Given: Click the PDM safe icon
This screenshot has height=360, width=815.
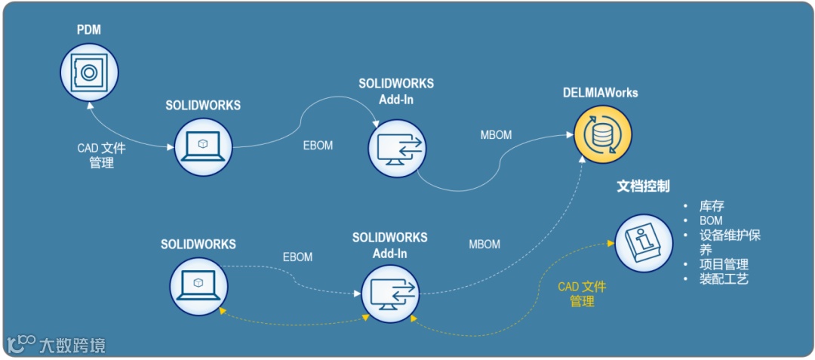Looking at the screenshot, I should pyautogui.click(x=89, y=72).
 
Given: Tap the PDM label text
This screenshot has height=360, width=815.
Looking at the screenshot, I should pyautogui.click(x=89, y=30).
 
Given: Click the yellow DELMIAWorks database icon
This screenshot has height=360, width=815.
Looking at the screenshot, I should pyautogui.click(x=601, y=134).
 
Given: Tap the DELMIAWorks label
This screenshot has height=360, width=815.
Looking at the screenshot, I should pyautogui.click(x=600, y=93).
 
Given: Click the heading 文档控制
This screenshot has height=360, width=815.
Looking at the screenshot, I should pyautogui.click(x=644, y=186).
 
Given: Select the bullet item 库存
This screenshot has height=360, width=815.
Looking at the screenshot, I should pyautogui.click(x=712, y=206).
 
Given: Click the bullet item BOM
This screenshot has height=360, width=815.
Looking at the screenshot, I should pyautogui.click(x=711, y=220).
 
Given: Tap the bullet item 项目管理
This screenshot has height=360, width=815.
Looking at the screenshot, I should pyautogui.click(x=724, y=264).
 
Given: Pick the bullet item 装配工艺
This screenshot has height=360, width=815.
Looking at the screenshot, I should pyautogui.click(x=724, y=278).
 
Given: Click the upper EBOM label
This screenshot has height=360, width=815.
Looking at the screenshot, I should pyautogui.click(x=317, y=146).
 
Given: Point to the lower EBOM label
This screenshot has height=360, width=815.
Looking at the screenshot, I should pyautogui.click(x=297, y=257).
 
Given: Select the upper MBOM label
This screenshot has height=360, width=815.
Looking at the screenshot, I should pyautogui.click(x=496, y=135).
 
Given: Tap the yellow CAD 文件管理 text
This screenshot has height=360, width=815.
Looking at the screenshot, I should pyautogui.click(x=582, y=294).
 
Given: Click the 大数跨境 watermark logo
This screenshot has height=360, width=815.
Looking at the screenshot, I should pyautogui.click(x=56, y=345).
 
